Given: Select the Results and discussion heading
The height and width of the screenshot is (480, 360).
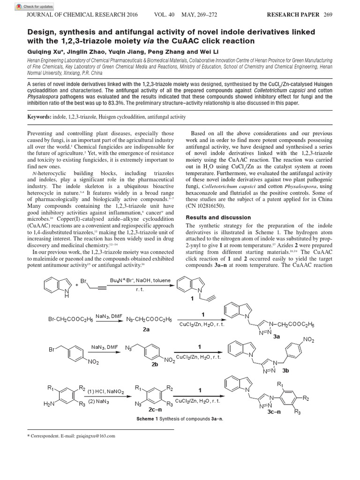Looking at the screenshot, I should (x=215, y=217).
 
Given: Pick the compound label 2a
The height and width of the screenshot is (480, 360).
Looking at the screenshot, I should (x=146, y=330).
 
